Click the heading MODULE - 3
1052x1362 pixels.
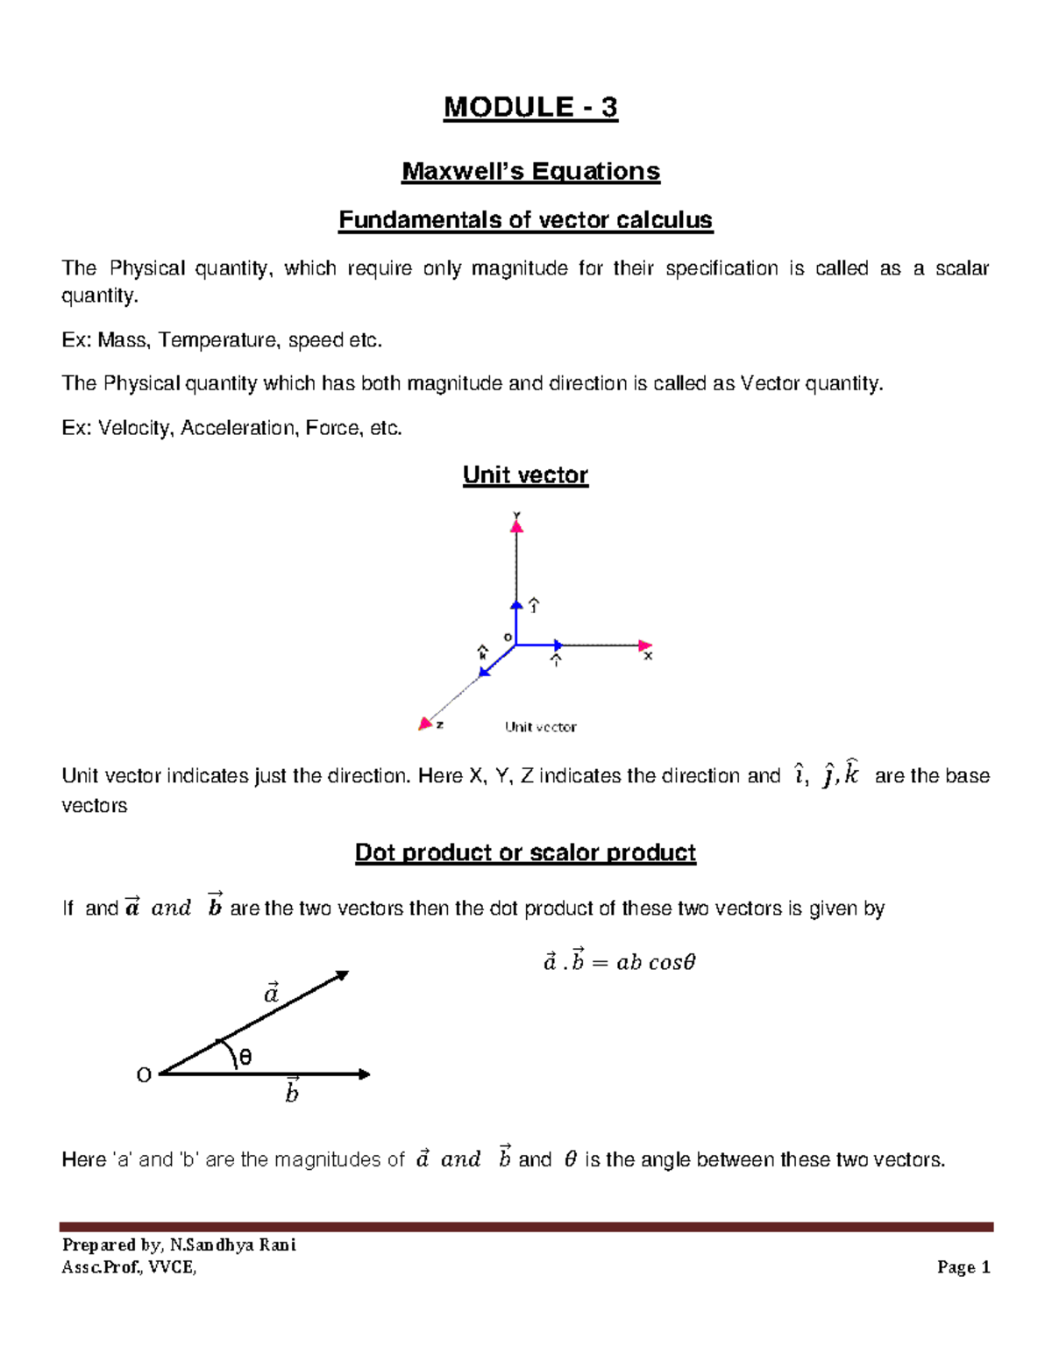(x=530, y=108)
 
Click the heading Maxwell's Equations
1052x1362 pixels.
(x=530, y=171)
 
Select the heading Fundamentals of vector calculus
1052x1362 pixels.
(x=526, y=219)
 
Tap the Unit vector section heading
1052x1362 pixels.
(x=525, y=475)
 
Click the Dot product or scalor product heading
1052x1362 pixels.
(x=525, y=852)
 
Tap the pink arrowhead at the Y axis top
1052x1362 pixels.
(x=517, y=526)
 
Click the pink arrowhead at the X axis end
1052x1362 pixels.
(x=645, y=645)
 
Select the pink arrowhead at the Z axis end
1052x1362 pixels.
(x=425, y=724)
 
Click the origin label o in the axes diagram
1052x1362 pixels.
(x=508, y=638)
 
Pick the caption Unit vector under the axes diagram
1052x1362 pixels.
(x=540, y=727)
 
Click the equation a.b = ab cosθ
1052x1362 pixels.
(x=619, y=962)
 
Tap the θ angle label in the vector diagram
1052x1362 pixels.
(x=245, y=1058)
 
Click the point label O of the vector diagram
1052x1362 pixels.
(x=144, y=1075)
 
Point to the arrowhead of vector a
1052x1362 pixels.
(x=343, y=975)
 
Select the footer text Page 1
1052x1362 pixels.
(x=963, y=1267)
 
